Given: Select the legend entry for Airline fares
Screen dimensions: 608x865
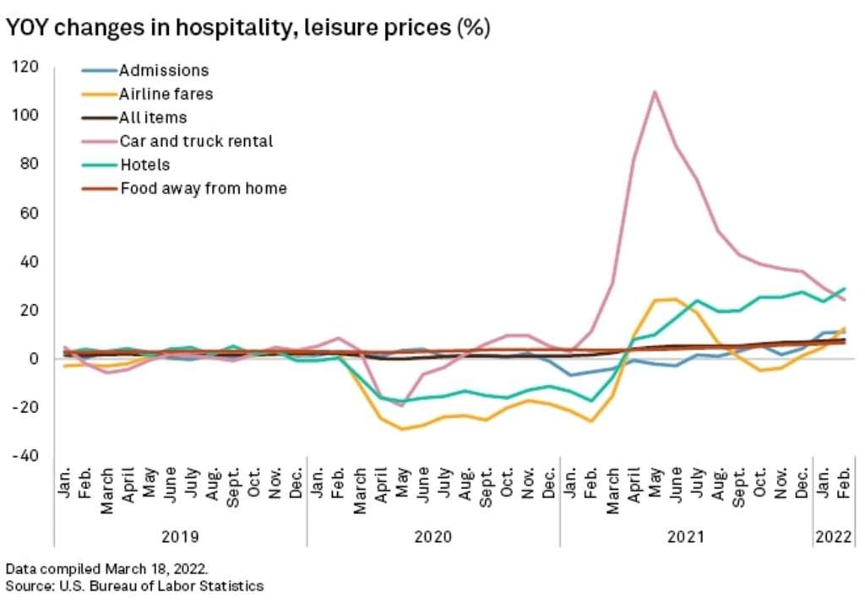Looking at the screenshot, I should tap(166, 94).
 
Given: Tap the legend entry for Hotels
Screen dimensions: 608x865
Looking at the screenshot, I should tap(144, 165).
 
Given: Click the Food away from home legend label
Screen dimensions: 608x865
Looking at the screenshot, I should tap(203, 188).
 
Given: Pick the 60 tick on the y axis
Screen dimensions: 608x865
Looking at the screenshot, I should tap(31, 214).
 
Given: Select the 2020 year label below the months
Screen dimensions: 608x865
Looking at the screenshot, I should tap(432, 535).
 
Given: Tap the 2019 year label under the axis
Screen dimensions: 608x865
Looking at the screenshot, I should tap(180, 535).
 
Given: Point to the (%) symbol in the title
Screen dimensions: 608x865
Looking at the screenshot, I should tap(473, 28).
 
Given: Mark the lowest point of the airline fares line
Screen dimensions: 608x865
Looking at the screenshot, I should tap(403, 429).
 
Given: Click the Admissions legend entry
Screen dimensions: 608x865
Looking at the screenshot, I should tap(163, 70).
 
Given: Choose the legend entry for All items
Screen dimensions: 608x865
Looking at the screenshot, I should tap(153, 117).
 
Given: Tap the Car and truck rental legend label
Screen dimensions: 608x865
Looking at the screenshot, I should tap(195, 141).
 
